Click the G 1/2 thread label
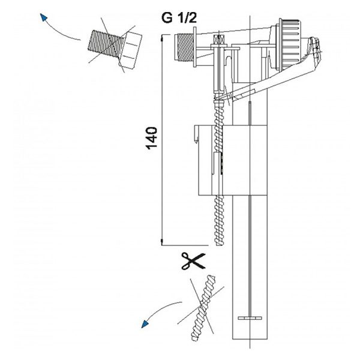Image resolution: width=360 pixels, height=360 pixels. (x=179, y=17)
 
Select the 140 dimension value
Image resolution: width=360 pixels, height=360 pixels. (x=152, y=138)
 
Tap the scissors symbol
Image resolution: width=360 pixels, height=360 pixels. (x=193, y=261)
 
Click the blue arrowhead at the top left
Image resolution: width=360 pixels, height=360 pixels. (x=43, y=17)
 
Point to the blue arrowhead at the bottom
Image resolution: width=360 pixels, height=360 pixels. (x=145, y=324)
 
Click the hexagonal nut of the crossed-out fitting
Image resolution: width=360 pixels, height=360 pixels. (x=130, y=50)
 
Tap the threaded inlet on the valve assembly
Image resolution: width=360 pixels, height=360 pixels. (x=184, y=47)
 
